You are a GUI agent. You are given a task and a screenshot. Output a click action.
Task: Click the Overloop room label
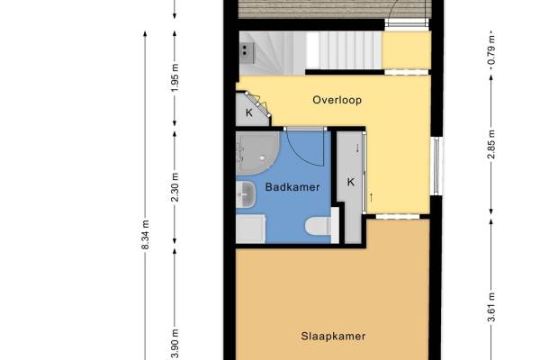[337, 100]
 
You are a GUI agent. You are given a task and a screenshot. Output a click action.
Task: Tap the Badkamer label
[292, 187]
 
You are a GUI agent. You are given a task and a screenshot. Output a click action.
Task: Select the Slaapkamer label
[333, 336]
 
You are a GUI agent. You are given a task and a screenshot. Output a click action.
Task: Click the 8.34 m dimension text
[146, 235]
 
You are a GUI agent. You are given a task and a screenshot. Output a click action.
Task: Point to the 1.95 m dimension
[175, 78]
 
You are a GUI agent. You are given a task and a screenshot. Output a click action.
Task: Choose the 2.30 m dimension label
[175, 187]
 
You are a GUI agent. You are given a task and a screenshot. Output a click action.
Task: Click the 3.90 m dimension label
[175, 344]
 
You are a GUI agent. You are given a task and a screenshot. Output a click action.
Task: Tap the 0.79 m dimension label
[491, 49]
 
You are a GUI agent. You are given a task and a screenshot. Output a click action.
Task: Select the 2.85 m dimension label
[491, 144]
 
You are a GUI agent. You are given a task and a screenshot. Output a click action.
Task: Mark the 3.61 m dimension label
[491, 307]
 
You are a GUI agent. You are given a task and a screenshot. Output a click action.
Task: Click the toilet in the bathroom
[319, 226]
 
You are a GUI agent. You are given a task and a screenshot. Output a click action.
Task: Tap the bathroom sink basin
[246, 194]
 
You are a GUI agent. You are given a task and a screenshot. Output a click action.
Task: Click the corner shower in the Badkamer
[257, 153]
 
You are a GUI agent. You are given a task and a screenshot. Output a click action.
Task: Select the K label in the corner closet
[249, 112]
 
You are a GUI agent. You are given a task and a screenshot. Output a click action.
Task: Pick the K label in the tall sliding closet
[351, 182]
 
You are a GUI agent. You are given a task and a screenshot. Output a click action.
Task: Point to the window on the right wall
[436, 166]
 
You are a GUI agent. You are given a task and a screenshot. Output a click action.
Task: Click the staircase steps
[345, 50]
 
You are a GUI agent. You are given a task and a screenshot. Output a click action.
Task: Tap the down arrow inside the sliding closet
[357, 148]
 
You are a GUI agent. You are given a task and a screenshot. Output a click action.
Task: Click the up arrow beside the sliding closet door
[371, 197]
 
